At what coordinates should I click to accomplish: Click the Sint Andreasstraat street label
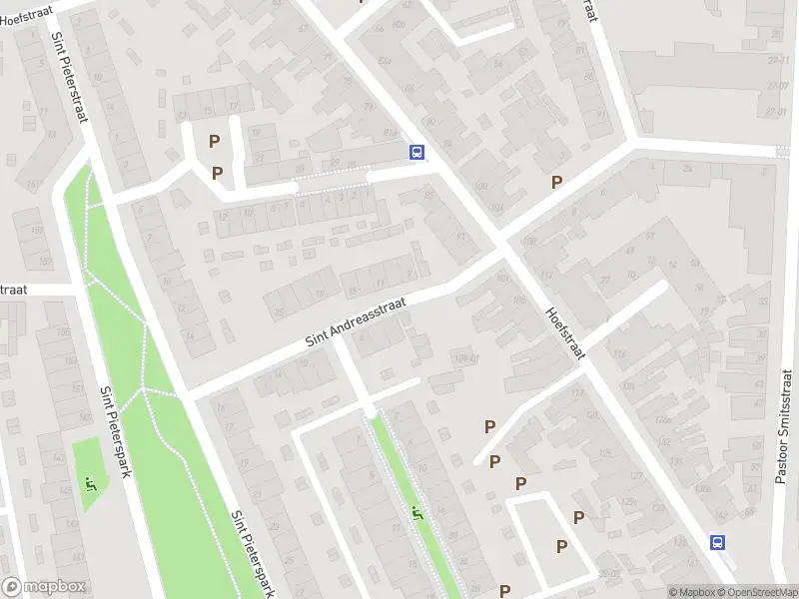(x=356, y=323)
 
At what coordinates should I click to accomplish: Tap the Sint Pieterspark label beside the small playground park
(x=116, y=431)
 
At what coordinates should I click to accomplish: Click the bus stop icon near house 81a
(x=416, y=153)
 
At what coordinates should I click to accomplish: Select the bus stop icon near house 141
(x=717, y=542)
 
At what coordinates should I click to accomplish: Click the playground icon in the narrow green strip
(x=417, y=513)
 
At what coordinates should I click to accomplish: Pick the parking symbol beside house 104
(x=557, y=182)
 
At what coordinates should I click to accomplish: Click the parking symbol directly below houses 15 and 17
(x=213, y=142)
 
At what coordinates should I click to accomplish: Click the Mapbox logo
(x=44, y=587)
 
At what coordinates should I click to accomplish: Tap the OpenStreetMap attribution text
(x=758, y=592)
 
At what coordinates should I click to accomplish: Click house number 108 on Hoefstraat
(x=529, y=242)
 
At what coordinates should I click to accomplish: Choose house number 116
(x=621, y=354)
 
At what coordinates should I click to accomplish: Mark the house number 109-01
(x=466, y=359)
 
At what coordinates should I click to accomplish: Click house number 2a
(x=687, y=169)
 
